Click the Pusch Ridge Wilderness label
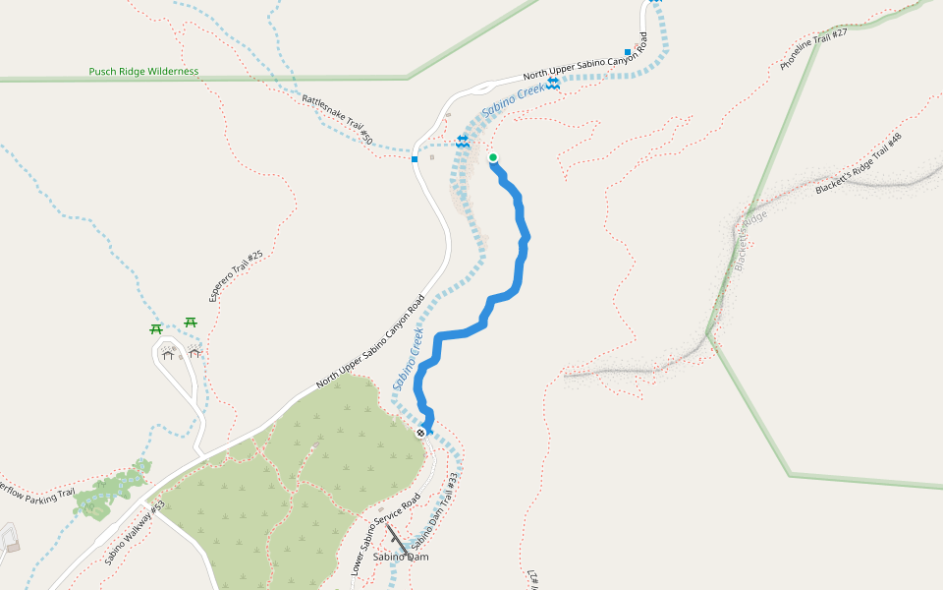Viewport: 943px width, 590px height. click(143, 72)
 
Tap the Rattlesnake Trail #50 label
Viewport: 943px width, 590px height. click(337, 120)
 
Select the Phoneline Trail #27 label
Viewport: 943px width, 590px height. click(813, 49)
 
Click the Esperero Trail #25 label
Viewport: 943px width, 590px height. click(236, 275)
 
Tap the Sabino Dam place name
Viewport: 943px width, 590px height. click(401, 557)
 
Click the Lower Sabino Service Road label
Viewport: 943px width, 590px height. click(386, 534)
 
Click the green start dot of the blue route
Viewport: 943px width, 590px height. click(492, 157)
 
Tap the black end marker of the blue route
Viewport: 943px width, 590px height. click(421, 432)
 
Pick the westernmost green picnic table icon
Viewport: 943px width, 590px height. click(155, 329)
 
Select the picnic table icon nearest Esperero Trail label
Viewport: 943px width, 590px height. click(191, 322)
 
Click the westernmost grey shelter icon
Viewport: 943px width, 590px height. click(167, 354)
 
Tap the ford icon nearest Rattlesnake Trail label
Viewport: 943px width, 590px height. click(462, 142)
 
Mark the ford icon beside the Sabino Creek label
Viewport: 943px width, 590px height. click(553, 84)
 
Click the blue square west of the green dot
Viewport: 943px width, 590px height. click(416, 158)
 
